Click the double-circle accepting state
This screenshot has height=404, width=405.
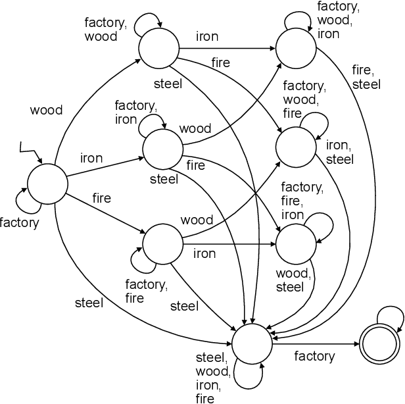pos(380,343)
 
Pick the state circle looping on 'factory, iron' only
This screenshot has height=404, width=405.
pos(162,149)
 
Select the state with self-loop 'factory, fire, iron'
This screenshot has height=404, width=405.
pos(296,244)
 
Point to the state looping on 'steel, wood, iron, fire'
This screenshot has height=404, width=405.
pos(252,343)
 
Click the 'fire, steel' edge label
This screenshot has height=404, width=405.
pos(366,78)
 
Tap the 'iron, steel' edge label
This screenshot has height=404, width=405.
pos(340,153)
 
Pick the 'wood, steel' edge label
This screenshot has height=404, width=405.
pos(289,280)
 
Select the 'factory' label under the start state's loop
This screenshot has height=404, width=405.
pos(20,222)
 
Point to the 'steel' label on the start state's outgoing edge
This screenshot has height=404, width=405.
pos(89,303)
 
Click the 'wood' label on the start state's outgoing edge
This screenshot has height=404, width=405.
pos(46,110)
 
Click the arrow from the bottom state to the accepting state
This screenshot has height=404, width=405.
pos(316,343)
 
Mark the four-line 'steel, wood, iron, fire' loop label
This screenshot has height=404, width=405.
pos(212,378)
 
